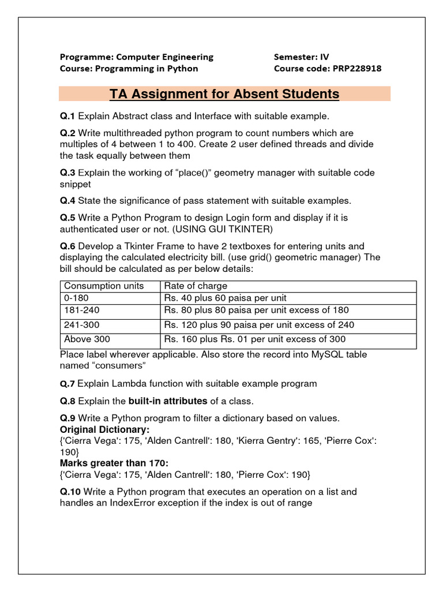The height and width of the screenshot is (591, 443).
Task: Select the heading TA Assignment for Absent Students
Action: point(224,94)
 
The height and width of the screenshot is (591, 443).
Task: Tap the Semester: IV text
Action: point(301,57)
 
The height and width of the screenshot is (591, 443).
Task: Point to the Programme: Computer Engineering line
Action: point(137,57)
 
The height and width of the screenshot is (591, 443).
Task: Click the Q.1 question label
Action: point(67,116)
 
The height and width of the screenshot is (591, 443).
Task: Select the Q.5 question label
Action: point(67,218)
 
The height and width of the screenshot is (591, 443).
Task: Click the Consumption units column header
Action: point(104,286)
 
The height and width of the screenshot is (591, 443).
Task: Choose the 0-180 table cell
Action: point(77,298)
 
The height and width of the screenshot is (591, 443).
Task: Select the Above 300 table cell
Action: point(87,339)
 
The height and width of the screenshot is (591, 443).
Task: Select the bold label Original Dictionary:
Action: point(104,430)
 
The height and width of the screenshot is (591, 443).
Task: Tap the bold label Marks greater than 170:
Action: point(114,463)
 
